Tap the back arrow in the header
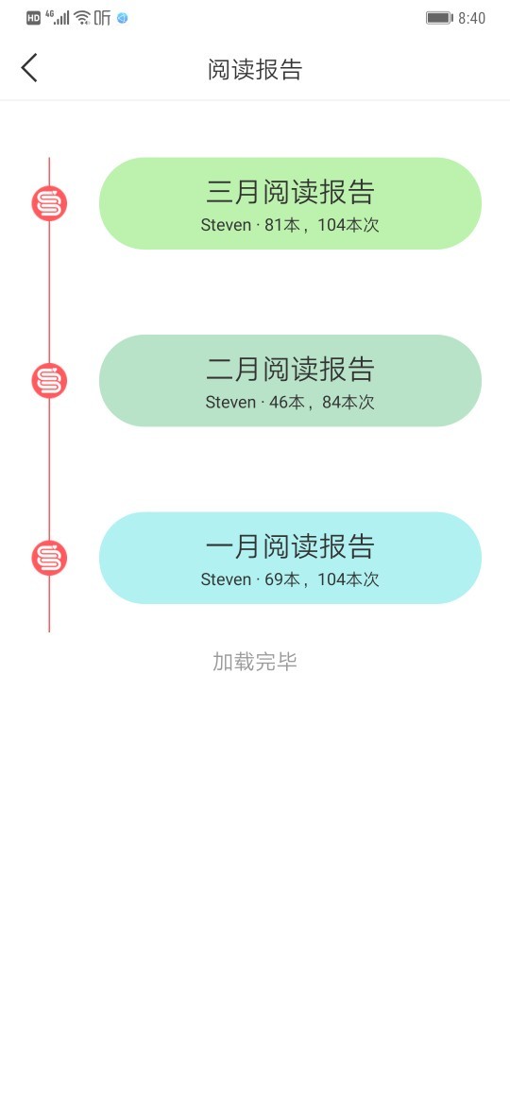tap(29, 68)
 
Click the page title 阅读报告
tap(255, 69)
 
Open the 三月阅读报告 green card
tap(290, 203)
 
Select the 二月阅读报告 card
tap(290, 380)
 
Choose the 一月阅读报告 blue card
tap(290, 557)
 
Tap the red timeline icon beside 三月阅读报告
tap(49, 203)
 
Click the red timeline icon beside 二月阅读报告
tap(49, 380)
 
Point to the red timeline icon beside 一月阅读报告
tap(49, 557)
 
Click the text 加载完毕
tap(255, 662)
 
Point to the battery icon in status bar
tap(439, 18)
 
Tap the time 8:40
tap(472, 18)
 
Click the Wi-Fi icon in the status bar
tap(82, 18)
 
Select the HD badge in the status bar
tap(34, 18)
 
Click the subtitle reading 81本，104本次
tap(322, 225)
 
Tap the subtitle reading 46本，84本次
tap(322, 402)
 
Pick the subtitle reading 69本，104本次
tap(322, 579)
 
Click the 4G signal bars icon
tap(58, 18)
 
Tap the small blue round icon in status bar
tap(123, 18)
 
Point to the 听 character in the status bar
tap(103, 18)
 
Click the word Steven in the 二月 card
tap(230, 402)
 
